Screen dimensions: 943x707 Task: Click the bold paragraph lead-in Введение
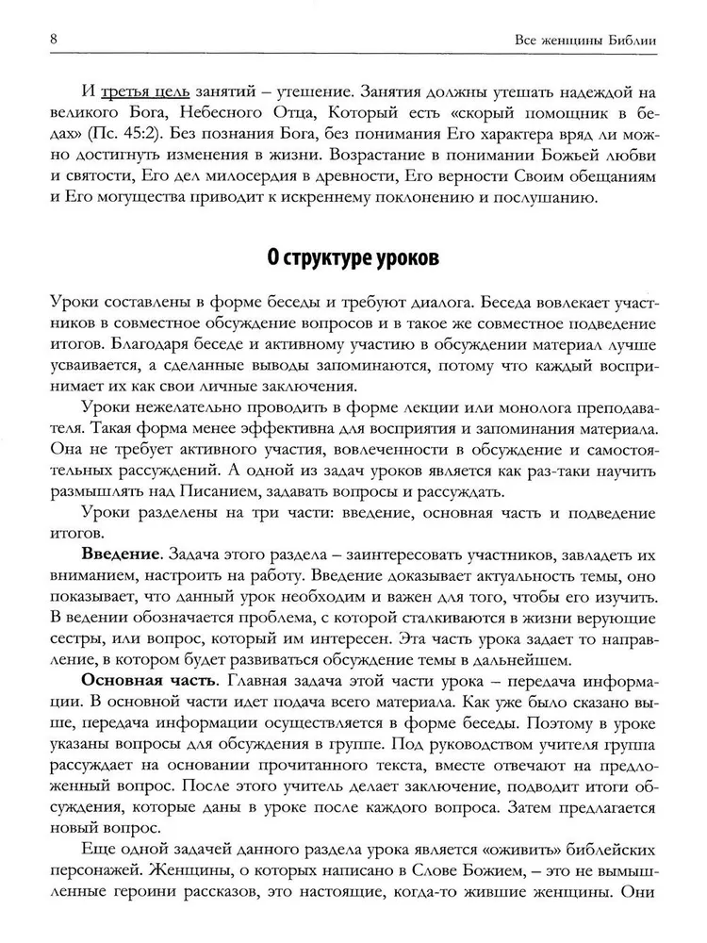[118, 550]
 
